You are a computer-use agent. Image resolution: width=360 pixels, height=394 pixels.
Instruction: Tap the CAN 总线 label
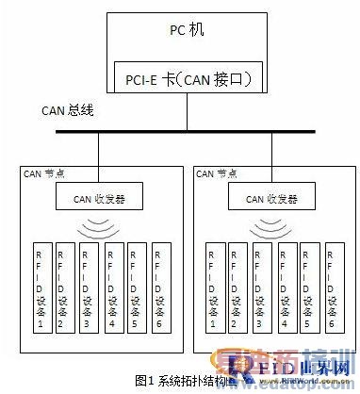(68, 110)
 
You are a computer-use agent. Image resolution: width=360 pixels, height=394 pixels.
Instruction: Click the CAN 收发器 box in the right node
(272, 199)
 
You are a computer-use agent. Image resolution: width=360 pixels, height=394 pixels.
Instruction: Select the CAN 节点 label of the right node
(218, 174)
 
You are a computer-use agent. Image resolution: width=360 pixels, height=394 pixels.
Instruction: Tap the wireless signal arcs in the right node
(272, 230)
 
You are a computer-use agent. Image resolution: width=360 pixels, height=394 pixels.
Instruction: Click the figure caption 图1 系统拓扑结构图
(180, 381)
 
